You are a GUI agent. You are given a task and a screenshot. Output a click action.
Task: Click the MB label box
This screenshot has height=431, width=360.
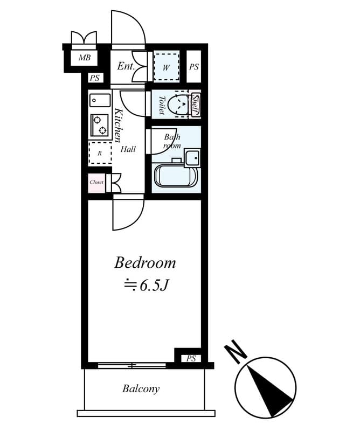(85, 58)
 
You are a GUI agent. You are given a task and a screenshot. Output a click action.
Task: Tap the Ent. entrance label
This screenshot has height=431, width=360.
(126, 67)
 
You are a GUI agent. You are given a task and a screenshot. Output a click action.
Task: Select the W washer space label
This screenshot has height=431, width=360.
(166, 67)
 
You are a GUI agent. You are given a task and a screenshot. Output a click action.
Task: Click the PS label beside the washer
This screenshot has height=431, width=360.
(194, 67)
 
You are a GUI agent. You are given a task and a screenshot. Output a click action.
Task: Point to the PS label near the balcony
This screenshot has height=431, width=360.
(191, 358)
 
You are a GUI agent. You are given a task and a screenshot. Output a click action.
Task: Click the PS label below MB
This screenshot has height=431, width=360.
(95, 78)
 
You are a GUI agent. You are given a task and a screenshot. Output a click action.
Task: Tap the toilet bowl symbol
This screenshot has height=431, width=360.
(176, 105)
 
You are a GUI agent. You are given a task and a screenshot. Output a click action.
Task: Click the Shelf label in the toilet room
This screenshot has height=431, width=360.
(195, 104)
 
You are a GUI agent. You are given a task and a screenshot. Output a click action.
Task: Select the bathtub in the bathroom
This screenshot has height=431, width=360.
(176, 176)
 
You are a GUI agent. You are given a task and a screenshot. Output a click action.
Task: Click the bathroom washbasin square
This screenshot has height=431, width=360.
(192, 158)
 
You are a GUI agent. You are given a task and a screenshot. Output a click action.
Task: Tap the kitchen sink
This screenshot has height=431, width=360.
(100, 100)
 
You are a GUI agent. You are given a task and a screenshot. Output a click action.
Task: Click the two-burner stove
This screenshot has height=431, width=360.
(100, 126)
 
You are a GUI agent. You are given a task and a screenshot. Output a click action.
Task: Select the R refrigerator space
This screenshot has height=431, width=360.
(100, 153)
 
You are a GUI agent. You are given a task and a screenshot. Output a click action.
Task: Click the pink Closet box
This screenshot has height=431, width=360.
(96, 182)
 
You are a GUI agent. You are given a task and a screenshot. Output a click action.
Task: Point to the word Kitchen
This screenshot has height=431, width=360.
(119, 126)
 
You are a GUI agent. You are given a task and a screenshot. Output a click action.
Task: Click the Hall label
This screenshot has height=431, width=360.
(128, 149)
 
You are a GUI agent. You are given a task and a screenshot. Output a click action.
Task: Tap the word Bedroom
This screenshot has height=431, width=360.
(145, 263)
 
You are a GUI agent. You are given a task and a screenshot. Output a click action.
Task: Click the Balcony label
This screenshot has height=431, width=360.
(141, 388)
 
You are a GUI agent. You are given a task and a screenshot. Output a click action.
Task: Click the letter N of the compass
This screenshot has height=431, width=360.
(236, 352)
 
